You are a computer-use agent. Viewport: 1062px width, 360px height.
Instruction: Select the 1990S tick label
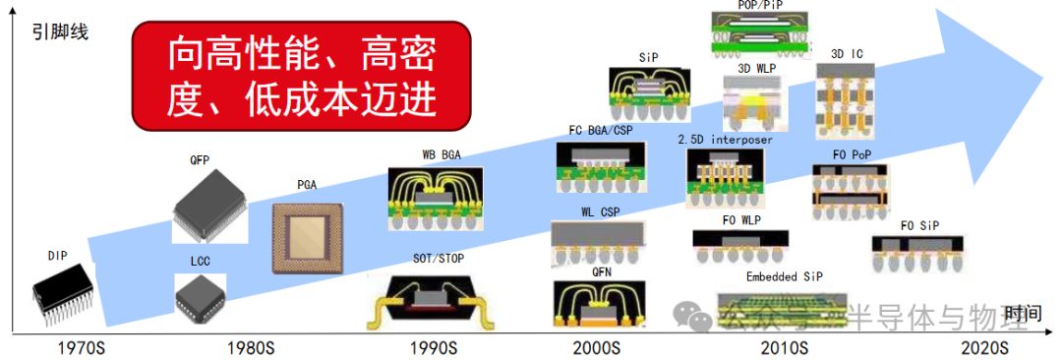[x=435, y=347]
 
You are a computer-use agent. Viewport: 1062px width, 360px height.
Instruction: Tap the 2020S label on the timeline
[x=984, y=347]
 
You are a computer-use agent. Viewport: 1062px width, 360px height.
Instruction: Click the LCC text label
[x=201, y=261]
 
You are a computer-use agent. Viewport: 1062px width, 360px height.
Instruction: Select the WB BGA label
[x=442, y=155]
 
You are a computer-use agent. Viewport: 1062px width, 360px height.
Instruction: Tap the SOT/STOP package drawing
[x=435, y=299]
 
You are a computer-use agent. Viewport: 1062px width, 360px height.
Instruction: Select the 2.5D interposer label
[x=726, y=140]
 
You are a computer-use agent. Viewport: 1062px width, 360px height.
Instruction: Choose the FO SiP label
[x=919, y=225]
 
